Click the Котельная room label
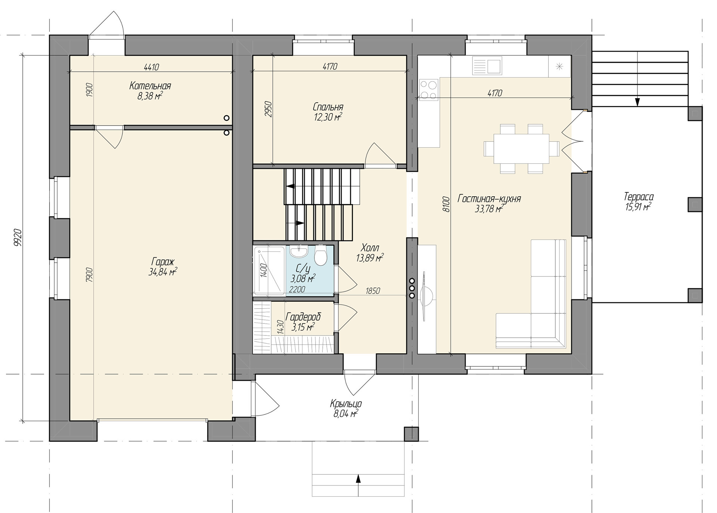point(150,86)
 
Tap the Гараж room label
point(163,262)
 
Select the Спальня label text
point(328,107)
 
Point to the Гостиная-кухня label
point(489,198)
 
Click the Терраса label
point(639,197)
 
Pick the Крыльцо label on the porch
point(346,404)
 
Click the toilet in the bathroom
point(320,254)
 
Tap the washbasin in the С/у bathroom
point(299,252)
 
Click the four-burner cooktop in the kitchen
point(428,90)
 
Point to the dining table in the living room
point(521,149)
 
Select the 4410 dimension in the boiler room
point(151,67)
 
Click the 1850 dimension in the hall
point(373,291)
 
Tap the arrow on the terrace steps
point(637,97)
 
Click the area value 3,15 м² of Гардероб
point(303,327)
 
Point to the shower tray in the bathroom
point(269,270)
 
